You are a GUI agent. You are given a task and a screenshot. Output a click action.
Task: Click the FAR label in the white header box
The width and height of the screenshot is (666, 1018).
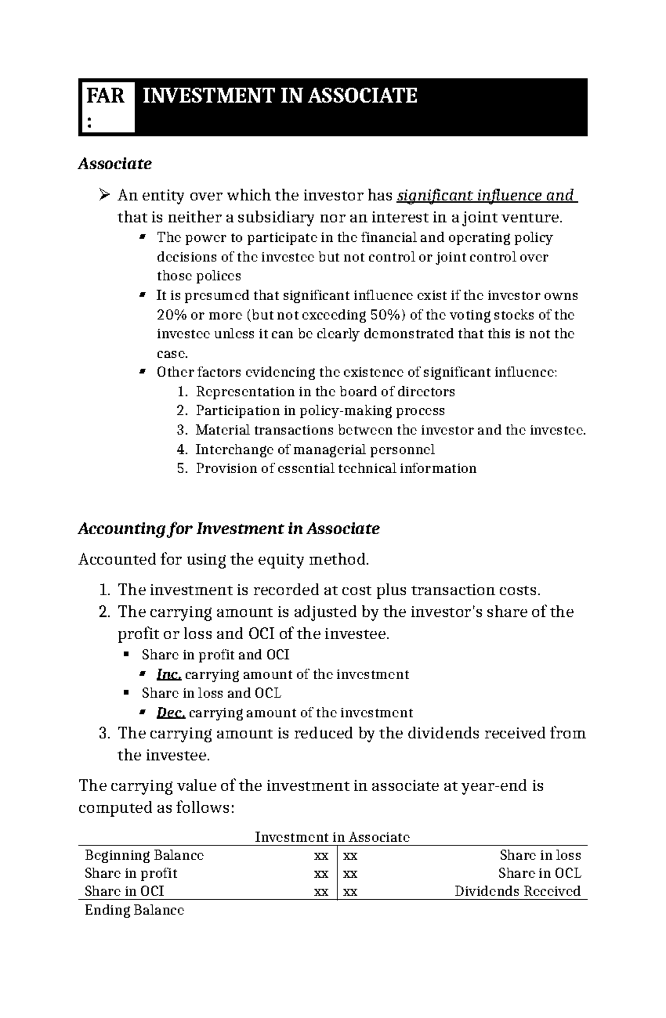click(105, 96)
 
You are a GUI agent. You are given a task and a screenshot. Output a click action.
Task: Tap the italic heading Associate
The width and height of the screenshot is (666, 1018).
click(114, 164)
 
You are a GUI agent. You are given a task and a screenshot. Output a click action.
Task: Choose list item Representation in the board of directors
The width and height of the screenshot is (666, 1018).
click(325, 392)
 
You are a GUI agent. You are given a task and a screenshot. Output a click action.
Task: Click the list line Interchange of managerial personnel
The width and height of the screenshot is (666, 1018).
click(315, 449)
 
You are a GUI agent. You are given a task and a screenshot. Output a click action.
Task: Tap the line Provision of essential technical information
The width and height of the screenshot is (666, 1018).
click(336, 468)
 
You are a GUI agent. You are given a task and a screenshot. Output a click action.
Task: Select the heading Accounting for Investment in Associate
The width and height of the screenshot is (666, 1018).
click(229, 529)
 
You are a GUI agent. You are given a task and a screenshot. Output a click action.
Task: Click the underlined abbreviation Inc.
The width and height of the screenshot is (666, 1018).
click(169, 675)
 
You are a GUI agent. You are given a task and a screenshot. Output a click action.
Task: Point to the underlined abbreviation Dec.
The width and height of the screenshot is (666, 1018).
click(170, 713)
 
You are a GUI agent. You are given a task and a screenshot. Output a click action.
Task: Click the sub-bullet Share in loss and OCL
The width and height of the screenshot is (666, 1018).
click(211, 693)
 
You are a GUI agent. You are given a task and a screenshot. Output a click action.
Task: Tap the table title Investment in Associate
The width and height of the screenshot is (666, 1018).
click(332, 837)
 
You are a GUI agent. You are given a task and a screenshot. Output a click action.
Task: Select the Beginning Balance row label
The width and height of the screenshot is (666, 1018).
click(144, 855)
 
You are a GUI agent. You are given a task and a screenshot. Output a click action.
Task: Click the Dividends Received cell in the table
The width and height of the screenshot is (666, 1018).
click(517, 892)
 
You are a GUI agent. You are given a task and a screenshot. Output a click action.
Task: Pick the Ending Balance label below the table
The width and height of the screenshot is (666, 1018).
click(134, 910)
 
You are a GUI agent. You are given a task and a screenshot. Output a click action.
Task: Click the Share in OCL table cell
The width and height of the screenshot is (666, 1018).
click(539, 874)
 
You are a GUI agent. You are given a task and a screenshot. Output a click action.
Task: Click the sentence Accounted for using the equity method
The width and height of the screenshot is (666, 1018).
click(224, 560)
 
